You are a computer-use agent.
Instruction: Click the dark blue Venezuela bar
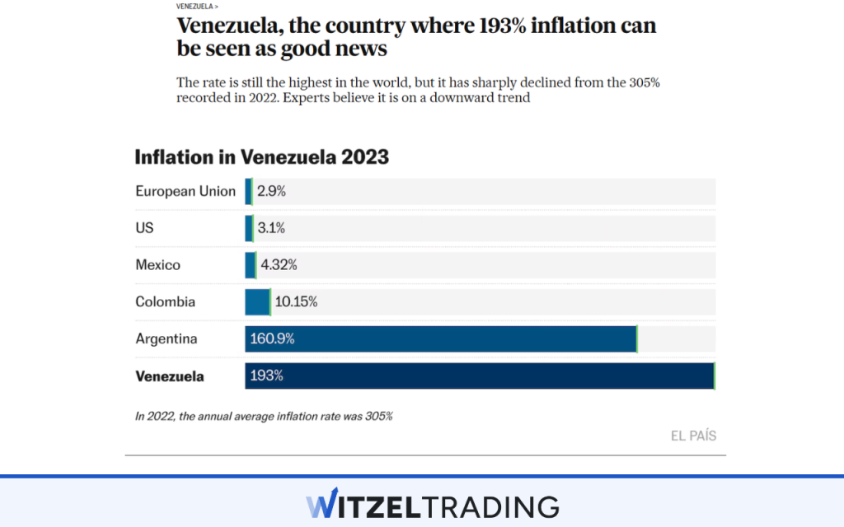click(479, 375)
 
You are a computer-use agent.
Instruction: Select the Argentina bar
click(440, 338)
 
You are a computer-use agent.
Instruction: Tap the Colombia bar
click(257, 301)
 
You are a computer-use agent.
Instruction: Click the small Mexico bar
click(251, 265)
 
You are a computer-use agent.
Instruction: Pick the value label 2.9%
click(271, 191)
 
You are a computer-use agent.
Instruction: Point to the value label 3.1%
click(271, 228)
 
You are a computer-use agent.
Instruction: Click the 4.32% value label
click(279, 265)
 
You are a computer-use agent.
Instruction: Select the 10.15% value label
click(296, 301)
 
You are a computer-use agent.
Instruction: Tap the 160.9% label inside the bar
click(273, 338)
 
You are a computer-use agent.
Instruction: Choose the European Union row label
click(185, 191)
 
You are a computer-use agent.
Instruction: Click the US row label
click(144, 228)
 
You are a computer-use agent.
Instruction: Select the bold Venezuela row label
click(170, 376)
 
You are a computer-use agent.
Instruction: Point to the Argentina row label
click(166, 338)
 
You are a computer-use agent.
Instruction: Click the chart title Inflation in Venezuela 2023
click(261, 156)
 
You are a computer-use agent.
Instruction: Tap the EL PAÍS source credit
click(693, 436)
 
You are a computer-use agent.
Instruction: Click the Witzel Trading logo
click(432, 505)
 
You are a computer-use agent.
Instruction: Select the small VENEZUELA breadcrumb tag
click(197, 6)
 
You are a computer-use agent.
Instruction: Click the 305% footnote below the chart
click(264, 416)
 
